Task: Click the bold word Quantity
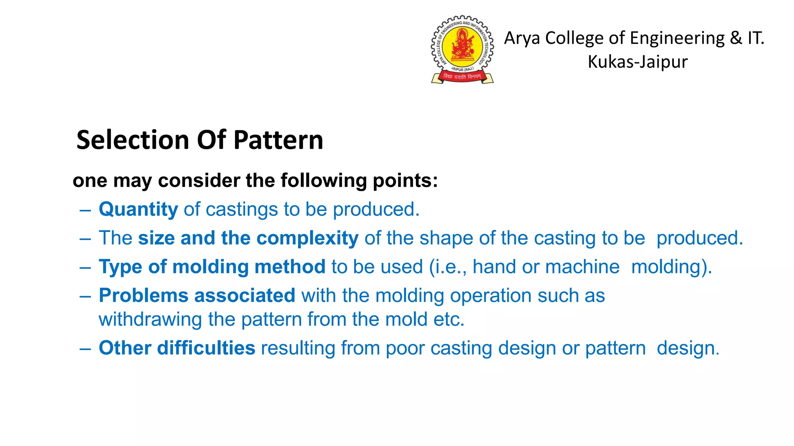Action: click(138, 209)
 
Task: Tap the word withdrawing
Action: click(150, 319)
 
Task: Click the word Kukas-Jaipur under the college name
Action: click(637, 62)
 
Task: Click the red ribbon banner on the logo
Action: click(462, 77)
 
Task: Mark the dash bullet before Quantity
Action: click(85, 210)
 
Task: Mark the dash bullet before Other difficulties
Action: click(85, 348)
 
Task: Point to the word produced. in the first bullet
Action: click(376, 209)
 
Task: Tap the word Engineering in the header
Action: click(677, 38)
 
